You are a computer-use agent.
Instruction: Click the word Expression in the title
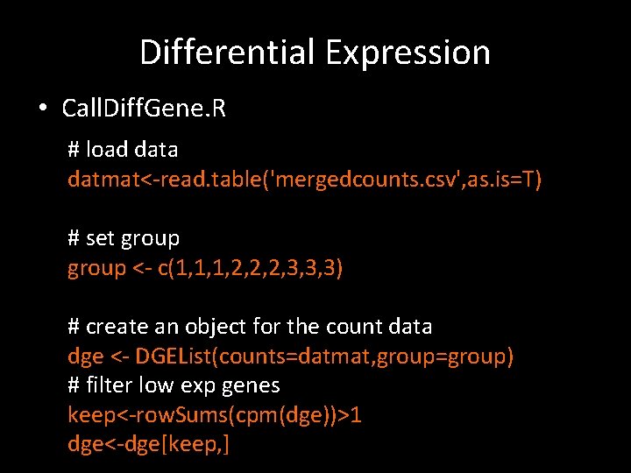click(408, 53)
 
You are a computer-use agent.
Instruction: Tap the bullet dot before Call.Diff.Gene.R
click(42, 109)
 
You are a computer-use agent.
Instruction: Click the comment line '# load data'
click(123, 150)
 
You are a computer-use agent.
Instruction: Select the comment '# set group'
click(124, 238)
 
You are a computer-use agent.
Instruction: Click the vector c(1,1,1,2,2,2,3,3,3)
click(250, 268)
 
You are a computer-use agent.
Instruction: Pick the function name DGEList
click(173, 357)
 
